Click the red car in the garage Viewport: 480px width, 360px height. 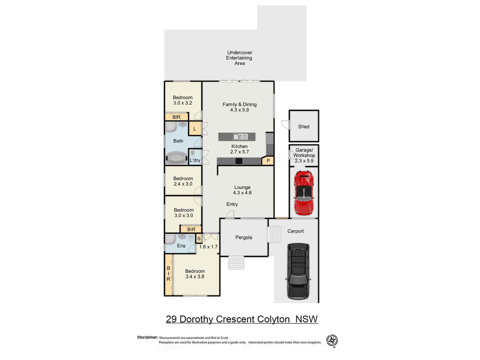[304, 193]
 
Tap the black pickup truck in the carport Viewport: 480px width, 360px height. [298, 271]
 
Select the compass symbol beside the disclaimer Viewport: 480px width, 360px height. [332, 341]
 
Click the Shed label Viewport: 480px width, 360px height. [304, 126]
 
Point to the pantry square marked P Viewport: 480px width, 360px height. [268, 161]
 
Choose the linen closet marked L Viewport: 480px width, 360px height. [195, 129]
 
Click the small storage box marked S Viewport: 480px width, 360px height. [199, 239]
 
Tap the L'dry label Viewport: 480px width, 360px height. [195, 160]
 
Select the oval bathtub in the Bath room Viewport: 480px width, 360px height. [177, 158]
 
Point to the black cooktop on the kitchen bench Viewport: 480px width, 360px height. [239, 161]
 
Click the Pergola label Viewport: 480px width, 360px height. [244, 237]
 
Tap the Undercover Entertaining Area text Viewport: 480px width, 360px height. [239, 58]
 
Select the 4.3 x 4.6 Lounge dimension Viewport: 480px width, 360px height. [242, 193]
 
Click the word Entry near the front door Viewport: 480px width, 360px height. [232, 204]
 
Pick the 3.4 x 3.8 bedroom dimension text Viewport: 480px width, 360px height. [195, 276]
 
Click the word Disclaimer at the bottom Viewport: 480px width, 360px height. [147, 337]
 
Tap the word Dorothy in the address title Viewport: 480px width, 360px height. [197, 319]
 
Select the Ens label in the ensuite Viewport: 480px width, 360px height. [181, 246]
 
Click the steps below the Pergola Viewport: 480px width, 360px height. [236, 263]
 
